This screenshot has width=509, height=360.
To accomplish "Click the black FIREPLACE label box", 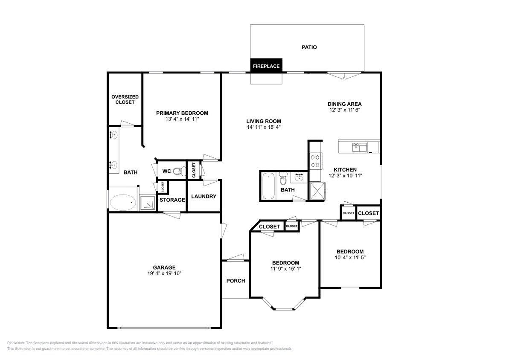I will click(266, 66).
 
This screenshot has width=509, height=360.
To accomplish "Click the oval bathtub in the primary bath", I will click(123, 202).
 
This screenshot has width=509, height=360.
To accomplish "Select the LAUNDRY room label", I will click(204, 197).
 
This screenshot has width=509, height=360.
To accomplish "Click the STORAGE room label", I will click(172, 200).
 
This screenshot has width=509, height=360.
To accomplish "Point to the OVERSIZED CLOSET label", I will click(122, 99).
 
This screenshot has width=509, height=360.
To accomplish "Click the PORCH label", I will click(236, 281).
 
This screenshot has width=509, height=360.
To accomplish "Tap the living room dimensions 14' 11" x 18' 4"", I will click(263, 127).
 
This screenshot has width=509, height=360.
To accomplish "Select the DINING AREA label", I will click(344, 104).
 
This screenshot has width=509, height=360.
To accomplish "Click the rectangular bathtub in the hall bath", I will click(268, 186).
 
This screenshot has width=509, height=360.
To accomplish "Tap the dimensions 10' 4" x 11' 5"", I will click(350, 258).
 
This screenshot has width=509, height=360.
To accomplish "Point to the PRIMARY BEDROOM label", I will click(182, 113).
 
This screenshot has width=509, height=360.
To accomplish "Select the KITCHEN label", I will click(345, 170).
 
